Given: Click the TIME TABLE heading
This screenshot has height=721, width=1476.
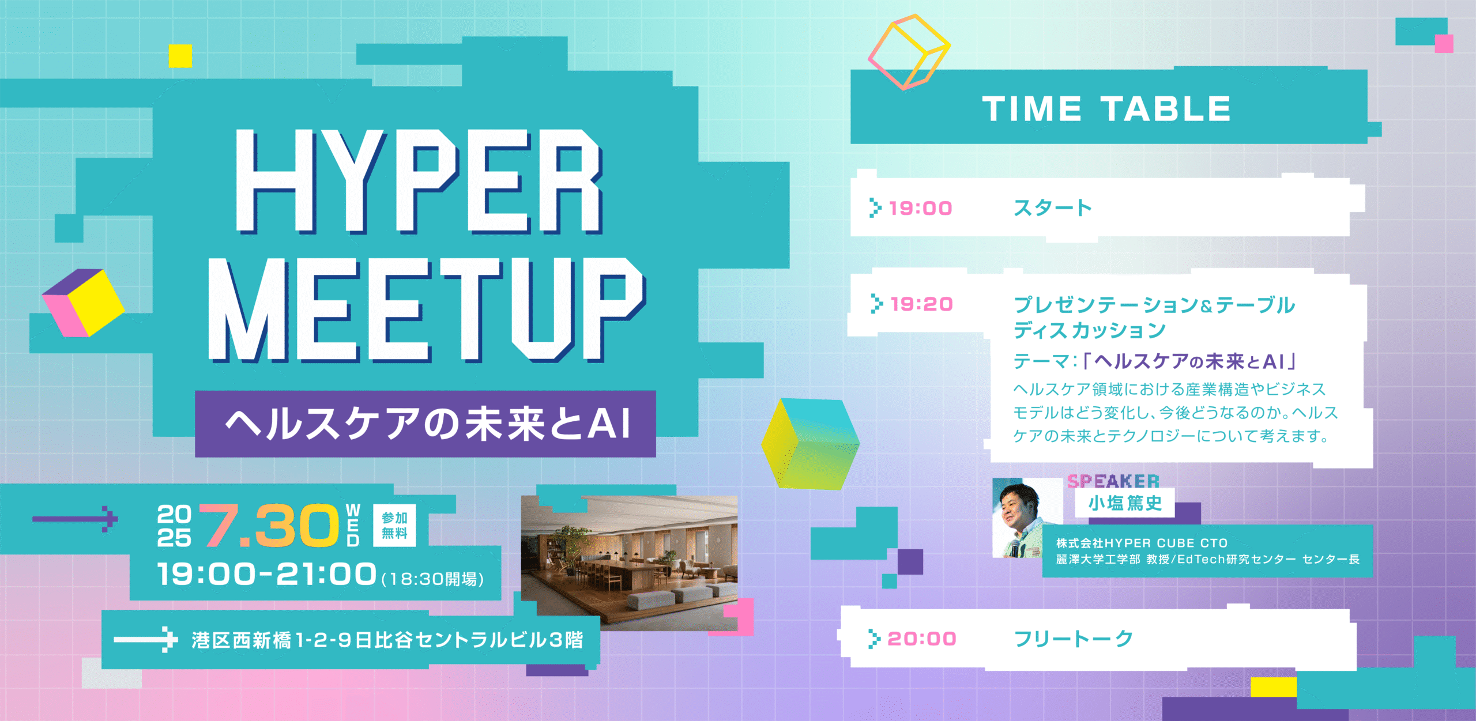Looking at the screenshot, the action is [x=1106, y=109].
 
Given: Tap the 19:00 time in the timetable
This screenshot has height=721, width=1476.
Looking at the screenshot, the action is [x=920, y=208].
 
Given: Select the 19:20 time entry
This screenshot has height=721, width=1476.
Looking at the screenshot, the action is [x=921, y=304].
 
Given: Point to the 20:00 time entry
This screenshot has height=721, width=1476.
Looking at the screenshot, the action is [x=921, y=639].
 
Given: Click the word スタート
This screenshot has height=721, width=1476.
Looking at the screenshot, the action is [x=1053, y=208].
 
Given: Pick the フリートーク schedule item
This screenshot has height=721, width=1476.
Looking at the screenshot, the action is [x=1074, y=639].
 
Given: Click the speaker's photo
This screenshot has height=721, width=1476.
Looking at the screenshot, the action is [x=1027, y=518].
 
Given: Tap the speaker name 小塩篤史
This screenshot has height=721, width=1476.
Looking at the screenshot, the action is [x=1125, y=503].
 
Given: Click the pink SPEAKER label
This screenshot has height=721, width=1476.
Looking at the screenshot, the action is [x=1113, y=481].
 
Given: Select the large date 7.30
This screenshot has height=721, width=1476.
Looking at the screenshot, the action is [x=269, y=525].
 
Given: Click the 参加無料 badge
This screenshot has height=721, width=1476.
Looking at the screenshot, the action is [x=394, y=526].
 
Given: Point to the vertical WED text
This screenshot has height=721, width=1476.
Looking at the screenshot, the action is [x=353, y=525].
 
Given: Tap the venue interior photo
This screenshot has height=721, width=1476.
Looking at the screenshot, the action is [x=629, y=563].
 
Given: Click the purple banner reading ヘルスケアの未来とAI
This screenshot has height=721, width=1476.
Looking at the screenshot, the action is [x=426, y=424].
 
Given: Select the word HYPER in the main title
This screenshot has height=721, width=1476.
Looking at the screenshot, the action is [x=419, y=181].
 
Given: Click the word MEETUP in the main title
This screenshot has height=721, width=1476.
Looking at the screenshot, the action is [x=427, y=310].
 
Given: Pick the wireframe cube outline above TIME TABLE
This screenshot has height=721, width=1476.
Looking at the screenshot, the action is [x=909, y=52].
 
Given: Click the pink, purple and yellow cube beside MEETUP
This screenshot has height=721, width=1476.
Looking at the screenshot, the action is [x=83, y=303].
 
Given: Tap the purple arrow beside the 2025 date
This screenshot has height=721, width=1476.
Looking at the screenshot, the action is [x=75, y=519].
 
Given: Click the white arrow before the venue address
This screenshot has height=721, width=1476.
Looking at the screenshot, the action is [x=146, y=639].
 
